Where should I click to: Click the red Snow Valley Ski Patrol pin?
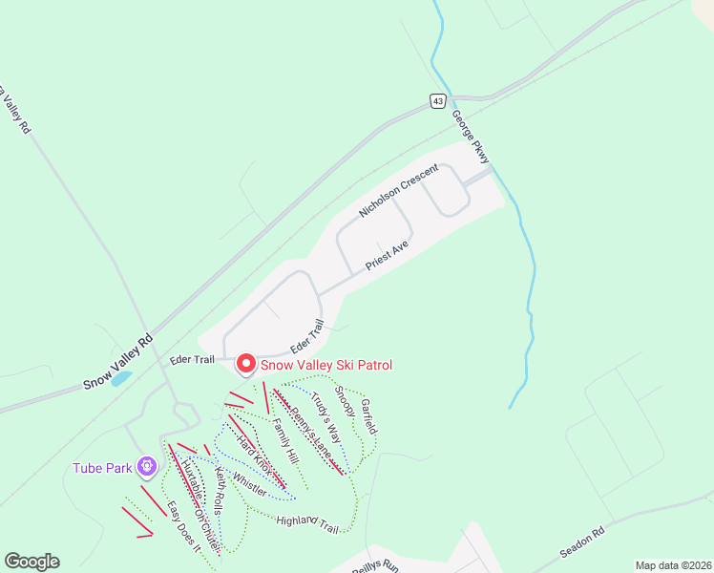coord(245,364)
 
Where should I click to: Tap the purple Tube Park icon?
coord(146,467)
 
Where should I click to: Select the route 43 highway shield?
coord(437,100)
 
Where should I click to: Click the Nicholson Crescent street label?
coord(398,189)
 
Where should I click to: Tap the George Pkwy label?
coord(471,134)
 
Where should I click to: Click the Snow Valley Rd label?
coord(117,360)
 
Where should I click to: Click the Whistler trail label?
coord(249,484)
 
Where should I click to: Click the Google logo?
coord(31,562)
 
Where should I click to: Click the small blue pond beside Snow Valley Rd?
coord(121,377)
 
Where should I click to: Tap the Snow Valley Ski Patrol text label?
coord(326,365)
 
